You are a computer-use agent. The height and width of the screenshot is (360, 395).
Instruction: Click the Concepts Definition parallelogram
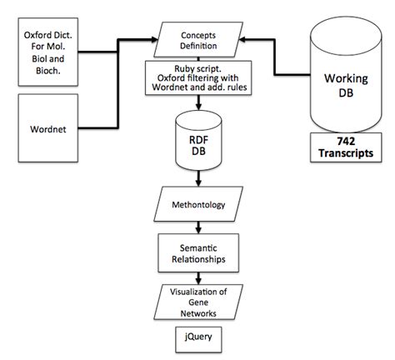point(198,40)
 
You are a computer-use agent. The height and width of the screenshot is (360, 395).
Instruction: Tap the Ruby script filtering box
point(198,77)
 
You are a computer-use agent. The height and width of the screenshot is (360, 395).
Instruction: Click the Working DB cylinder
point(340,79)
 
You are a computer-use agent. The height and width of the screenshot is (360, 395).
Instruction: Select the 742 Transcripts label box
point(340,147)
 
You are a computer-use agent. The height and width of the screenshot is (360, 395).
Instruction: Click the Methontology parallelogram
point(198,204)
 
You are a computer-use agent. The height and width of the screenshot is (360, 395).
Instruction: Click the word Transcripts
point(340,154)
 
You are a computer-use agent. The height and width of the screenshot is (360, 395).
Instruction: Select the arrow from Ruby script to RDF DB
point(198,102)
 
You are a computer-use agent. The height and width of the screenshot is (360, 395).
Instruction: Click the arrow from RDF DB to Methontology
point(198,180)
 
